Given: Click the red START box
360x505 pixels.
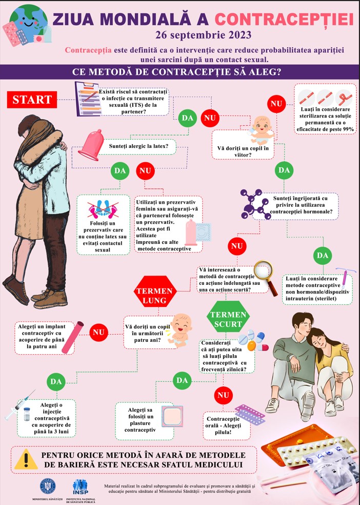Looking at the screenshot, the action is click(x=32, y=100).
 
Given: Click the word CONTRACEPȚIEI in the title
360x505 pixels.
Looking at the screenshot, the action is click(x=284, y=20).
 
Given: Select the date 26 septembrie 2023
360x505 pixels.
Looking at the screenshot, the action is click(x=203, y=35).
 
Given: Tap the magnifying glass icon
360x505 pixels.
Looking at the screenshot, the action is click(x=266, y=277).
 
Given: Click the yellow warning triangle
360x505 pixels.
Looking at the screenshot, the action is click(x=26, y=459).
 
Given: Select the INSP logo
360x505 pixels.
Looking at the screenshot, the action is click(x=81, y=487).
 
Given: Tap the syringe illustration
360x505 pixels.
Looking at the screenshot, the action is click(x=20, y=404).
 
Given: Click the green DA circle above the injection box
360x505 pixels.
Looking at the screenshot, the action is click(x=56, y=382).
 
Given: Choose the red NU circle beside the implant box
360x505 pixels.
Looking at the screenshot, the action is click(x=98, y=333).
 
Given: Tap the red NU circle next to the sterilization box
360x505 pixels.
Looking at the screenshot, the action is click(x=276, y=104).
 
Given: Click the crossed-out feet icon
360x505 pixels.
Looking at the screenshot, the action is click(x=103, y=209).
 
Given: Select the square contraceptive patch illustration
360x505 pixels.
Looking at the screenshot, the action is click(x=172, y=416).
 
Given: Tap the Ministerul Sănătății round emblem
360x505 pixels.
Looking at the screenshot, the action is click(x=48, y=487).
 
